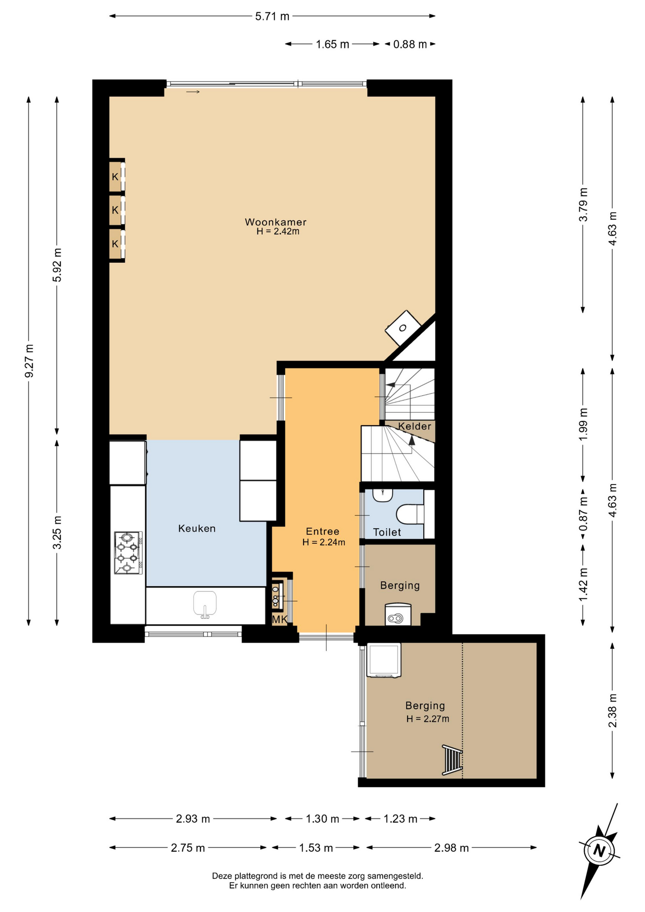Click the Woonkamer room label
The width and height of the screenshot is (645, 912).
coord(275,222)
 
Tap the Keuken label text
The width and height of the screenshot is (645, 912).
coord(197,528)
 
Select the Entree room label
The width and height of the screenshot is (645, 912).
coord(322,532)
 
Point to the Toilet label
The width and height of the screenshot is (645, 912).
coord(387,532)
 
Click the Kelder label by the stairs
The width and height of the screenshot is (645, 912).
coord(415,426)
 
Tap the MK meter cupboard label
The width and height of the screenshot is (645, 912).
coord(279,619)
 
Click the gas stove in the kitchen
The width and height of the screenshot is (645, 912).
coord(128,553)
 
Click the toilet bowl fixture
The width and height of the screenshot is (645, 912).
coord(409,514)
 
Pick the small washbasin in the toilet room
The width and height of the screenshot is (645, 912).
coord(382,495)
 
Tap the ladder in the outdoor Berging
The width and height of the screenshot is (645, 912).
coord(452,760)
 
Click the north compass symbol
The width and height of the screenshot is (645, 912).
coord(599,850)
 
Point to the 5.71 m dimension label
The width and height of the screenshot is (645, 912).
coord(272,16)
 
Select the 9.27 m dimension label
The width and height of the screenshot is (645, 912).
coord(29,361)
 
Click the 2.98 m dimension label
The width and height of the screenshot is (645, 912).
coord(451,848)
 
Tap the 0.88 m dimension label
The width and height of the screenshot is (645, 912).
coord(410,44)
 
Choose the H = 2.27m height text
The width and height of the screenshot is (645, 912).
coord(427,719)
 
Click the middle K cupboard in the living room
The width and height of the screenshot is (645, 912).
coord(115,209)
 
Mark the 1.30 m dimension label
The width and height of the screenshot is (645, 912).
coord(322,819)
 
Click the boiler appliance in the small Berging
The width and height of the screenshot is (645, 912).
coord(398,614)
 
